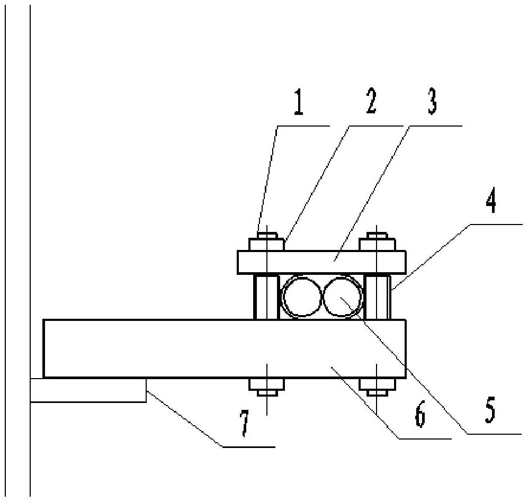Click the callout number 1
pyautogui.click(x=298, y=102)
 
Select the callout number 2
pyautogui.click(x=371, y=101)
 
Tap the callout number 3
pyautogui.click(x=432, y=102)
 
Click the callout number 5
pyautogui.click(x=490, y=410)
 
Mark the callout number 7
pyautogui.click(x=245, y=423)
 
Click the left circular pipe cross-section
pyautogui.click(x=282, y=297)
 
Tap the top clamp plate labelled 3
pyautogui.click(x=321, y=262)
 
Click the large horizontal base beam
pyautogui.click(x=225, y=348)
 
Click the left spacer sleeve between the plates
pyautogui.click(x=266, y=297)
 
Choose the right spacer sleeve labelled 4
pyautogui.click(x=378, y=297)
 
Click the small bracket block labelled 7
pyautogui.click(x=88, y=390)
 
